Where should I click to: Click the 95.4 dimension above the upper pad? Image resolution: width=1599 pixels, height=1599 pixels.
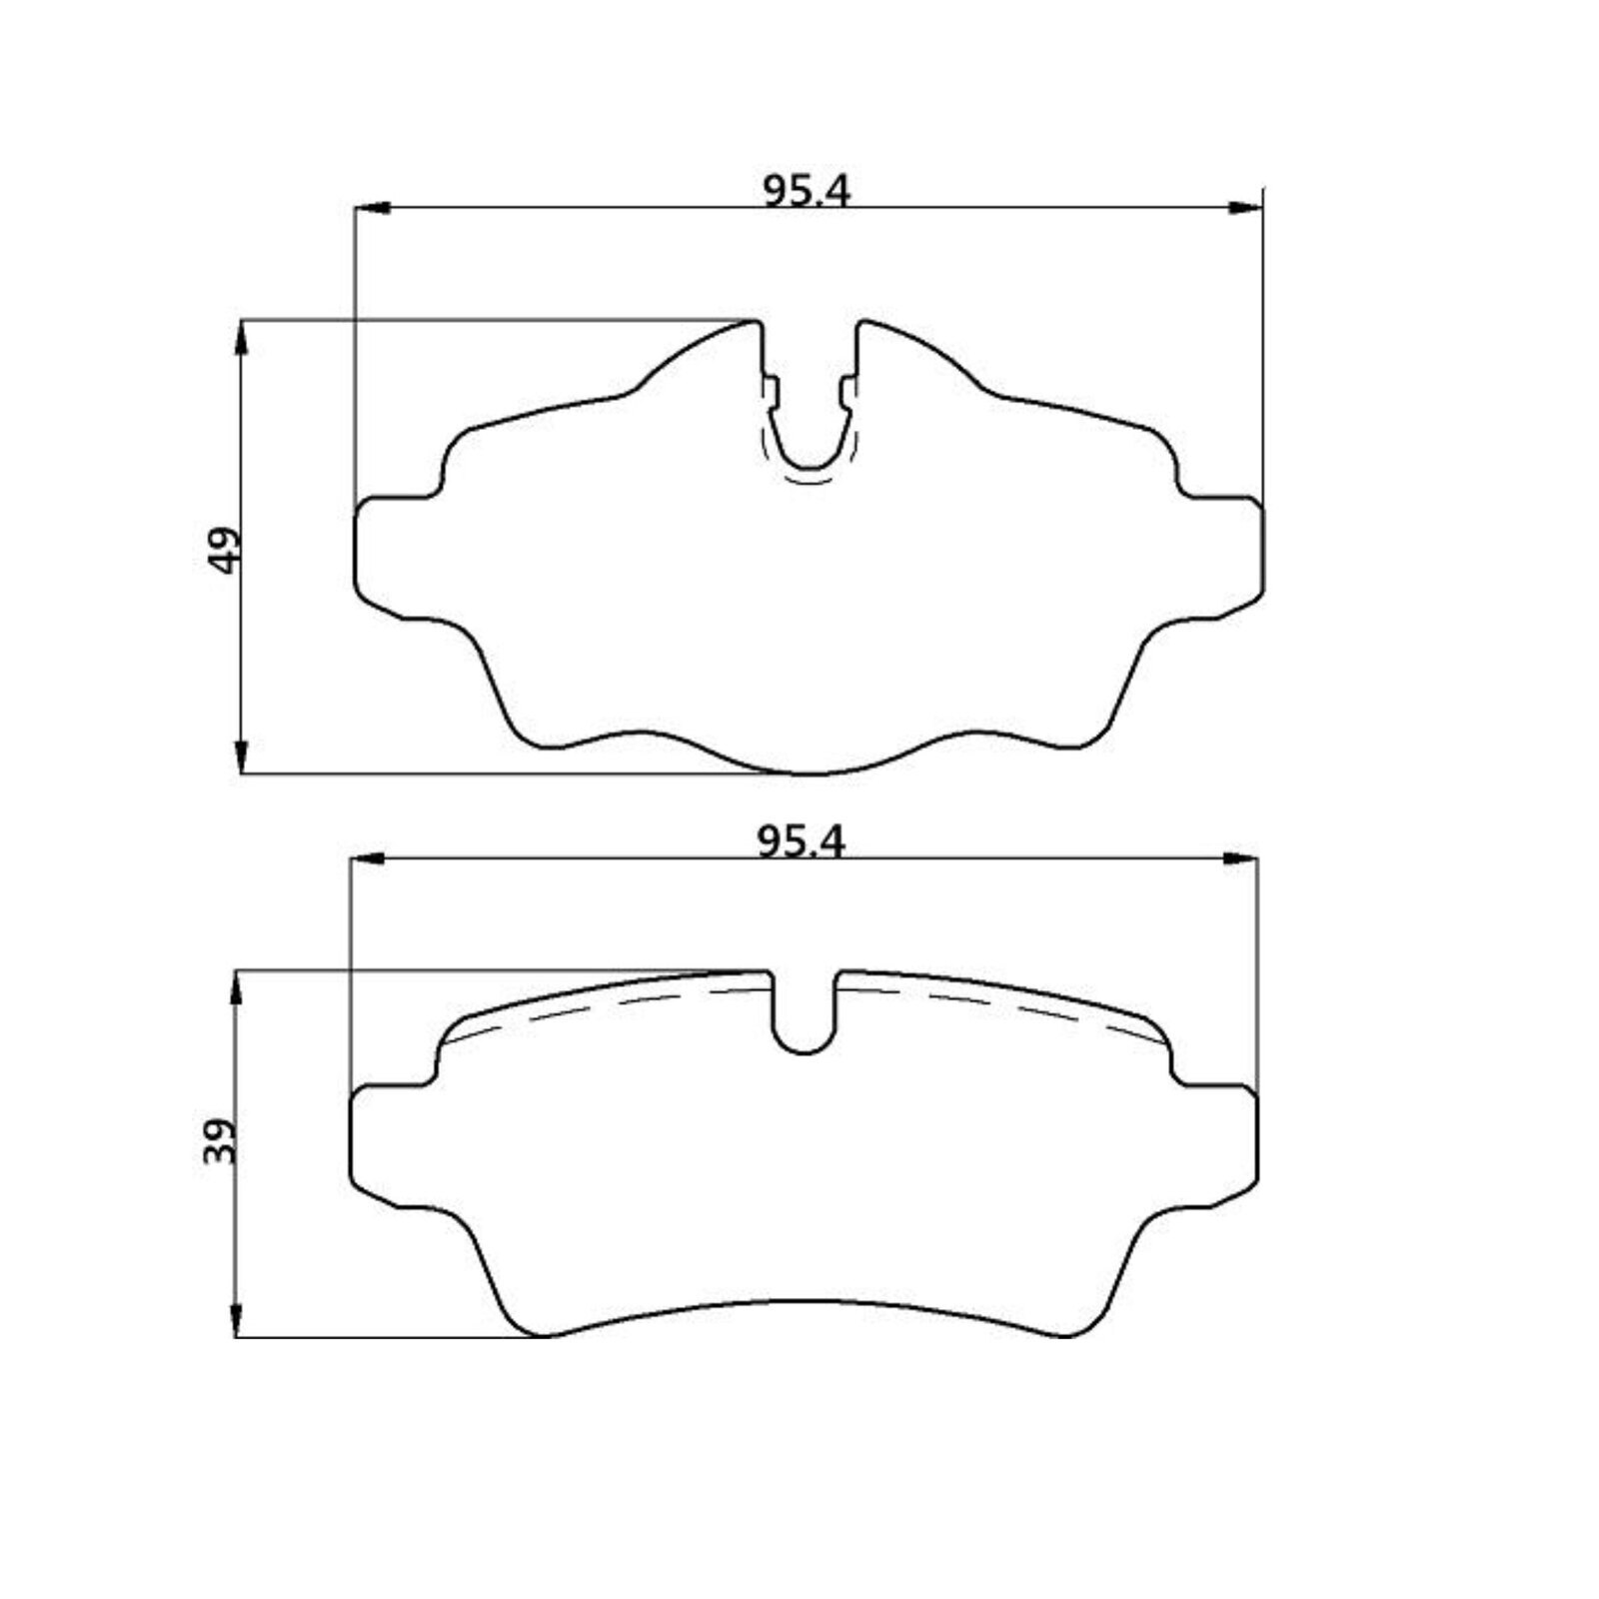tap(806, 190)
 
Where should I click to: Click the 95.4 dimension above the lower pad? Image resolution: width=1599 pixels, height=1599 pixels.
tap(801, 842)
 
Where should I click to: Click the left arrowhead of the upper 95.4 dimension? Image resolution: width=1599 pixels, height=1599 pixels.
tap(372, 208)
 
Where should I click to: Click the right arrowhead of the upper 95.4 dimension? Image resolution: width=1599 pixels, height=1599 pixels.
tap(1245, 208)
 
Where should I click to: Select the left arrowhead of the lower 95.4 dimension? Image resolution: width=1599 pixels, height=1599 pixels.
tap(368, 858)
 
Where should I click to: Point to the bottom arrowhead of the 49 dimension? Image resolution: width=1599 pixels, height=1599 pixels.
tap(242, 756)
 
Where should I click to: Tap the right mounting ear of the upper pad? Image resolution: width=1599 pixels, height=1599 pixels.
tap(1224, 555)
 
